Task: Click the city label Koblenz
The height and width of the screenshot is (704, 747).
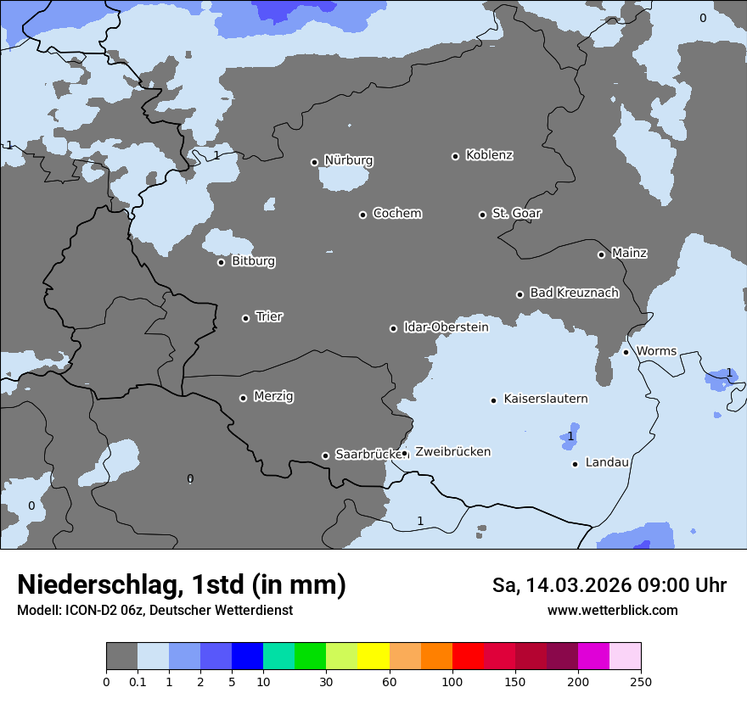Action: (489, 155)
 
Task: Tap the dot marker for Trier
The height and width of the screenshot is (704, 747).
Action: (246, 318)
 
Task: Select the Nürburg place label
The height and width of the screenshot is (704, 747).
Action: (349, 160)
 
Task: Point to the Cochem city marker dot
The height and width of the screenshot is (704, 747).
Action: (362, 215)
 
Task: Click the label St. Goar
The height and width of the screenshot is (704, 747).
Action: (516, 213)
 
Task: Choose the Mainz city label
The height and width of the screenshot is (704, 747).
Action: (629, 253)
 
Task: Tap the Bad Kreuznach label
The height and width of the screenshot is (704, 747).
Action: (574, 293)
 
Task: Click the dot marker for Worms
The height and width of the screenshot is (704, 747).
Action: (626, 352)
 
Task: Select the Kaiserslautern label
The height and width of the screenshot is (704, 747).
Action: (546, 399)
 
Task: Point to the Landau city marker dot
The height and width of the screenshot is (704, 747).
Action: (576, 464)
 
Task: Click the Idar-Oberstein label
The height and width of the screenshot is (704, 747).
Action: (446, 327)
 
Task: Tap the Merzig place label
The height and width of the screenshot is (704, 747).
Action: (274, 396)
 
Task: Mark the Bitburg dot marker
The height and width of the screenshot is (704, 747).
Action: (221, 262)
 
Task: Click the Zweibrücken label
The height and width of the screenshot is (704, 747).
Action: (452, 452)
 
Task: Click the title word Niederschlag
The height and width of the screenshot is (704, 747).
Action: (98, 585)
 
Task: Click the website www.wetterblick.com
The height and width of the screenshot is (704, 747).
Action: (612, 610)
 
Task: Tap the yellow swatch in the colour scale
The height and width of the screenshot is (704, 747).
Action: (373, 657)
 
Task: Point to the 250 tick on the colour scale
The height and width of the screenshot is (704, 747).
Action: (641, 681)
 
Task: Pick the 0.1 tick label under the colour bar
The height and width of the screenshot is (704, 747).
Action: (138, 681)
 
